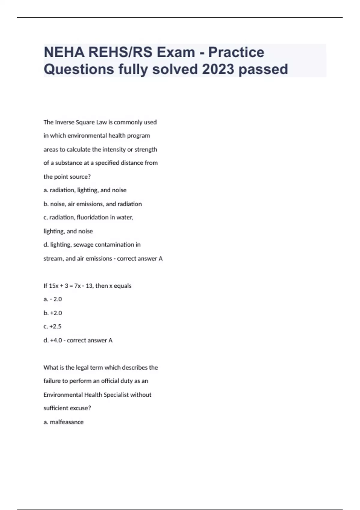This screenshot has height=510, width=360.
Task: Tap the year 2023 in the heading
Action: tap(218, 69)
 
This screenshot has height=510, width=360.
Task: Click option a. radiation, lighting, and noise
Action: tap(85, 190)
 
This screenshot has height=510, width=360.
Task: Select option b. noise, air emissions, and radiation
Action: tap(92, 204)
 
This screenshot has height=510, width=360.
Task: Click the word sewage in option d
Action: tap(83, 245)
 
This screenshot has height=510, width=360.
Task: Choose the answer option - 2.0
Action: tap(56, 299)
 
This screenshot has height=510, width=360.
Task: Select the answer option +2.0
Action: tap(56, 313)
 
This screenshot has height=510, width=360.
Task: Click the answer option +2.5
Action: tap(55, 326)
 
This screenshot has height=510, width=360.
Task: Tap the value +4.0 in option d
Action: tap(56, 340)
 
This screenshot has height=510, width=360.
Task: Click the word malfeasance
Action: tap(67, 422)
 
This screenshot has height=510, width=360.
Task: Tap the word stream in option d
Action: tap(53, 259)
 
